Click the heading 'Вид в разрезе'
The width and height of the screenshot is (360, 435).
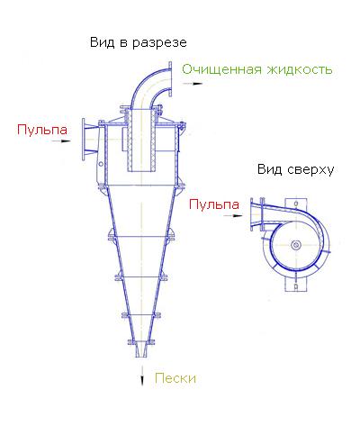coord(139,42)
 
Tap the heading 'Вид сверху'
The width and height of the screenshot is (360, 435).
coord(295,170)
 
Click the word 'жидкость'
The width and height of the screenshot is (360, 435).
coord(300,69)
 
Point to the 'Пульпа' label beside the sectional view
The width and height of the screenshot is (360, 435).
coord(42,130)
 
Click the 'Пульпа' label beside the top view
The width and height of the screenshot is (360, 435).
coord(214,204)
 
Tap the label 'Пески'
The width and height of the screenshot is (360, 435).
coord(175,378)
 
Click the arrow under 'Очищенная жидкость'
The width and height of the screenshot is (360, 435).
coord(193,84)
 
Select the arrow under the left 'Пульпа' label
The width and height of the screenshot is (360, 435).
coord(61,140)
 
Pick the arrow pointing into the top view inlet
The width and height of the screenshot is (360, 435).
coord(233,215)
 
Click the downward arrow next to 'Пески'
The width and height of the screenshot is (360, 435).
coord(142,376)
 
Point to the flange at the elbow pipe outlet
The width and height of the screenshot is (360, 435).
coord(170,79)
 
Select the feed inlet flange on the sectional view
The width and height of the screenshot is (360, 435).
coord(84,140)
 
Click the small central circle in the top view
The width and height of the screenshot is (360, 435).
coord(296,245)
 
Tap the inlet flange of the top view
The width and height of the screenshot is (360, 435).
coord(252,214)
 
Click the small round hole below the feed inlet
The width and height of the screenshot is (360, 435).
coord(101,164)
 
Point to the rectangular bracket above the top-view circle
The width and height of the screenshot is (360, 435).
coord(296,204)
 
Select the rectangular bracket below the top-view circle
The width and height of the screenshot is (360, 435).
coord(296,285)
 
